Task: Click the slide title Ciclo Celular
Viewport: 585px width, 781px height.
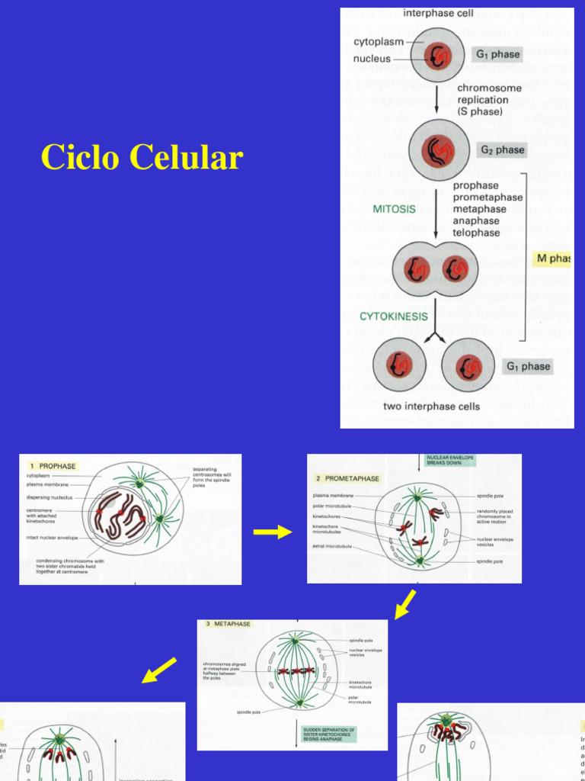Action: point(142,157)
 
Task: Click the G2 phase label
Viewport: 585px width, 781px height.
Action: point(500,150)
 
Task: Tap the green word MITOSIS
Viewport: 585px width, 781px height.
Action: point(394,208)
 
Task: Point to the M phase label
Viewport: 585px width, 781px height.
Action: point(552,259)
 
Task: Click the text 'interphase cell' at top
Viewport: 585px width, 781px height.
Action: point(439,14)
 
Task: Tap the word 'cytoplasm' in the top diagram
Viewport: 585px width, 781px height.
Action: point(379,42)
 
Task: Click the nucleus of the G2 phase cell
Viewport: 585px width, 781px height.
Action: point(437,150)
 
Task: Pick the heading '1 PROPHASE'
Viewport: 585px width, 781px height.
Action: point(53,465)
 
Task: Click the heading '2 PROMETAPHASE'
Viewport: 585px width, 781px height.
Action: point(347,478)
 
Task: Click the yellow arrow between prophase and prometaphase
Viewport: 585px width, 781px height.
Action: point(273,532)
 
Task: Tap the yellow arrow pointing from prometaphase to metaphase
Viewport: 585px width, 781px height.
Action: point(404,603)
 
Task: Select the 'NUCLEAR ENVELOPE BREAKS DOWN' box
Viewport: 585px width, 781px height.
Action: point(449,460)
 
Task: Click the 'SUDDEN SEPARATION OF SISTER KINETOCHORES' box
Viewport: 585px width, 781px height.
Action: point(328,734)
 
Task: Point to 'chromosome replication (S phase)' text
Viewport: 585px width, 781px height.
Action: point(488,99)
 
